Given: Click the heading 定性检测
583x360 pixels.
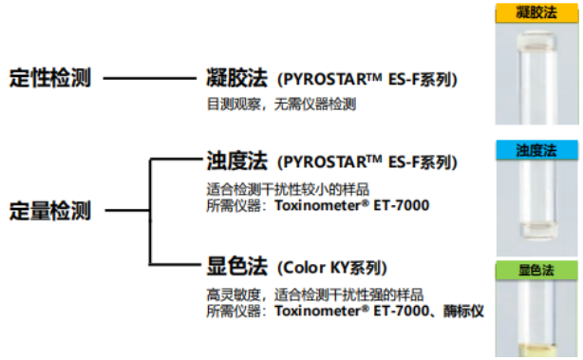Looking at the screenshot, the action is coord(49,79).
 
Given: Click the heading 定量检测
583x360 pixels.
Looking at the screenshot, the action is coord(49,212).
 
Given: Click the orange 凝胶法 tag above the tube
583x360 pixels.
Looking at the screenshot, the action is coord(535,12).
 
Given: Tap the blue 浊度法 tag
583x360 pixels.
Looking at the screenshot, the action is coord(535,150).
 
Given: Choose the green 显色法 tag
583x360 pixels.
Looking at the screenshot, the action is coord(535,272).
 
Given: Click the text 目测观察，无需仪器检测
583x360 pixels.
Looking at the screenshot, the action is coord(281,104).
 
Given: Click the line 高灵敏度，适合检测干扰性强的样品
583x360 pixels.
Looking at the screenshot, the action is coord(314,294).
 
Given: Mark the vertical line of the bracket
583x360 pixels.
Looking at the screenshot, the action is coord(149,212).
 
